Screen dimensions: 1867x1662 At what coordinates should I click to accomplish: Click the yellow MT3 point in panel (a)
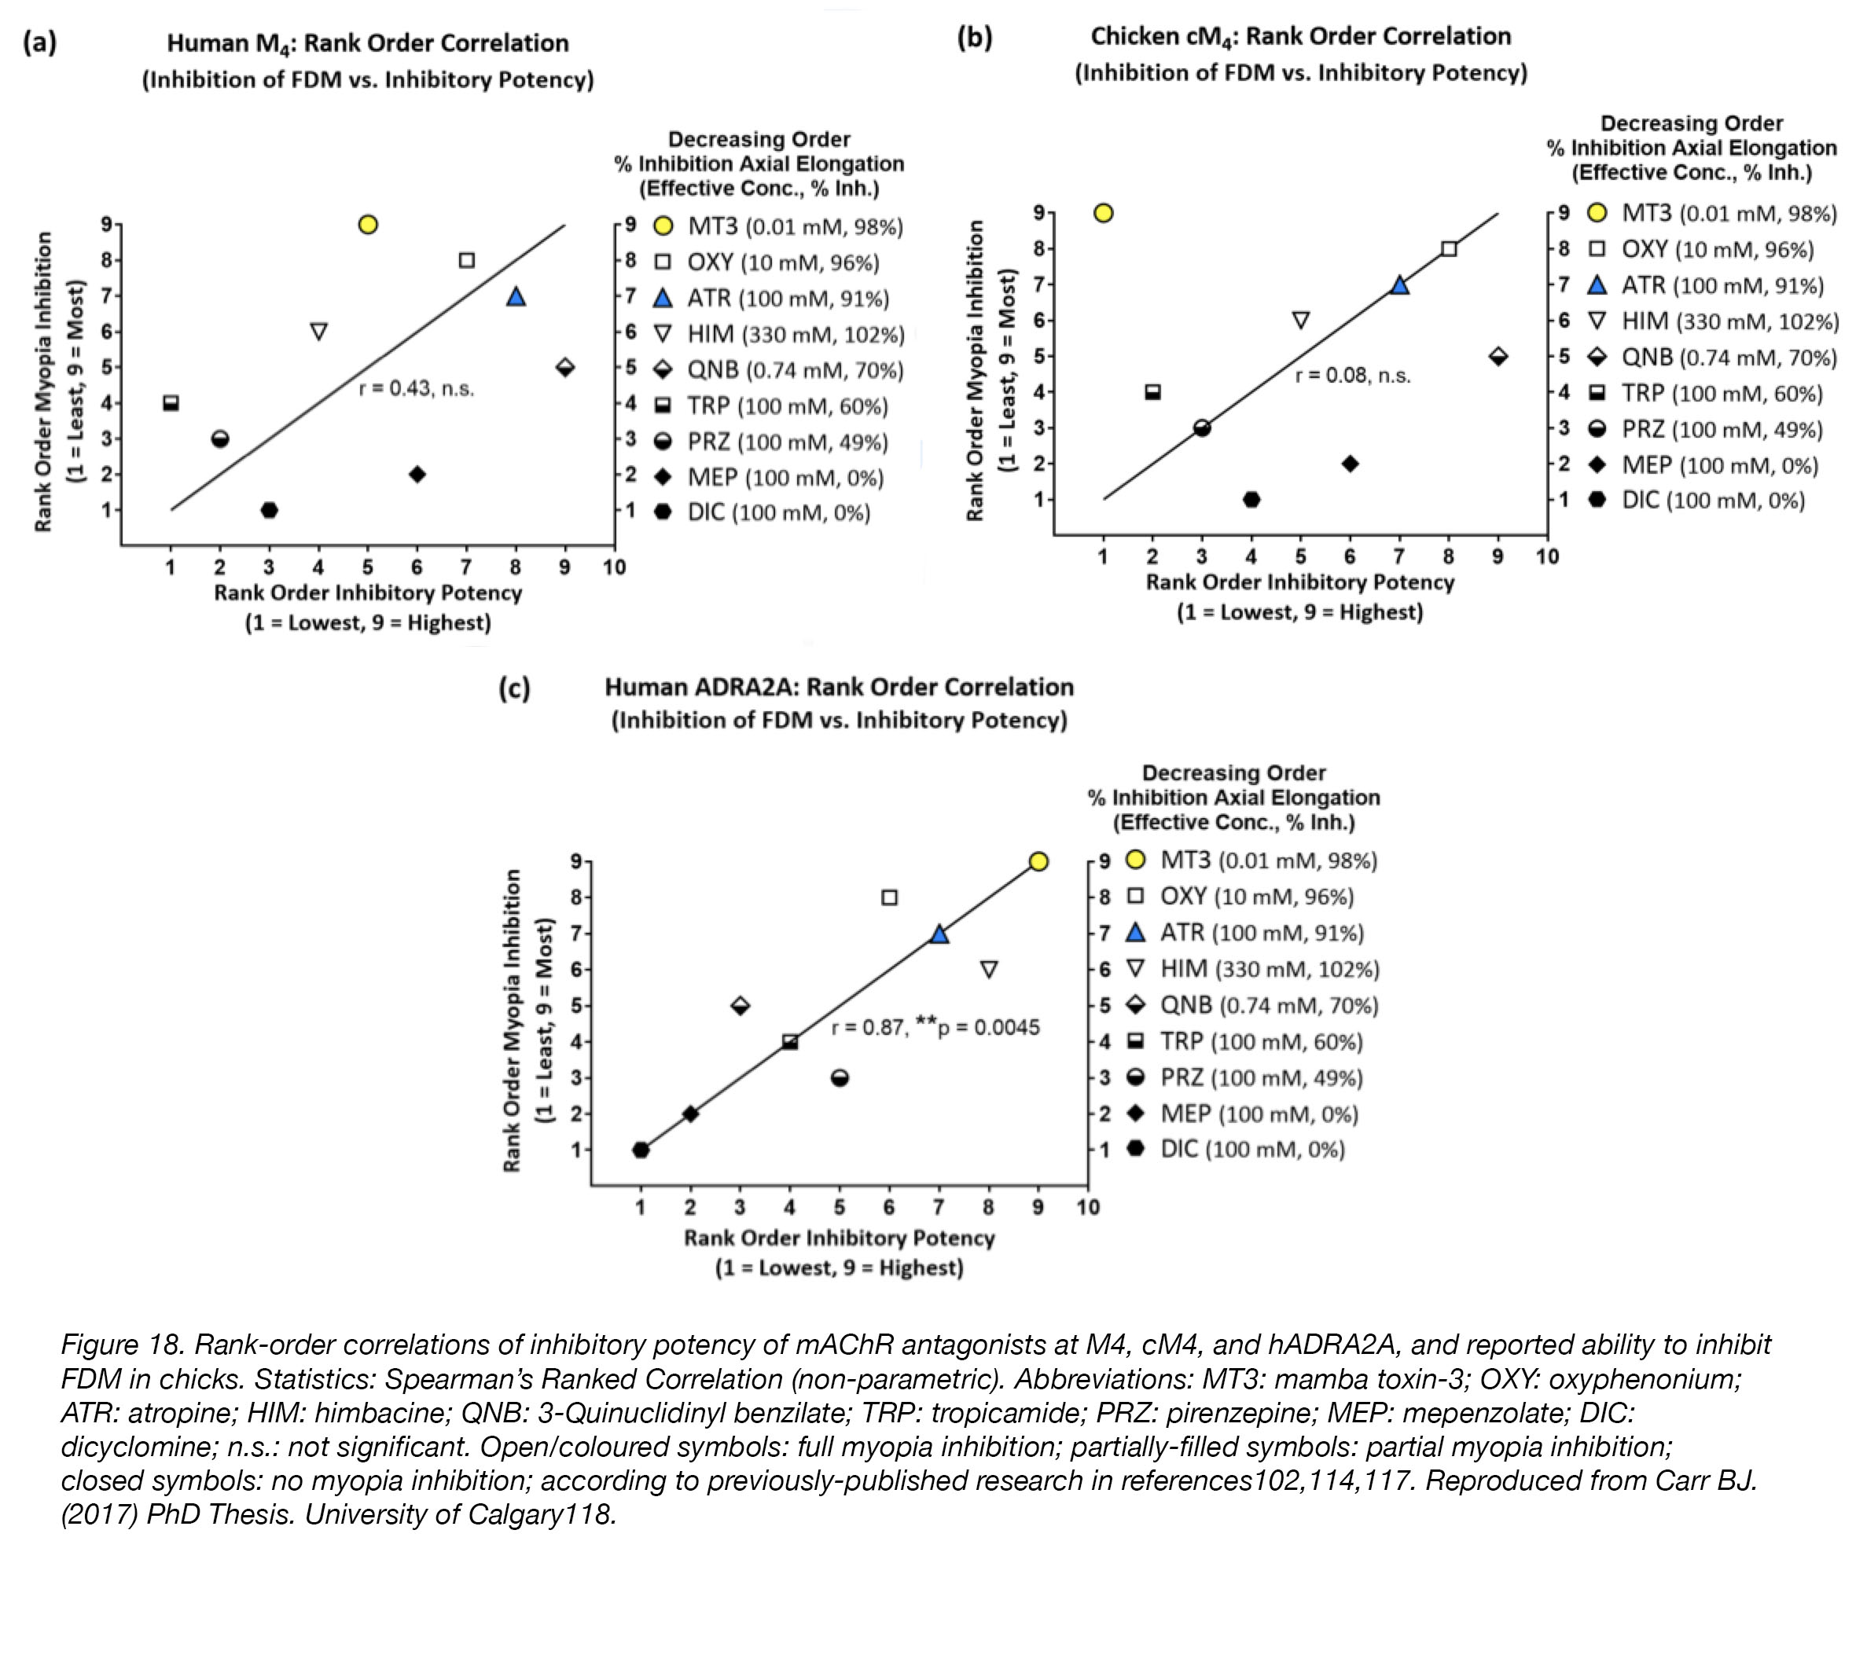tap(368, 225)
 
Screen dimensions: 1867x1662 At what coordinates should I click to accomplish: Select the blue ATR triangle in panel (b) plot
tap(1399, 285)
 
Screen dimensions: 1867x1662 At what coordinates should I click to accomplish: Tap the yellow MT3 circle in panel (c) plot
tap(1038, 861)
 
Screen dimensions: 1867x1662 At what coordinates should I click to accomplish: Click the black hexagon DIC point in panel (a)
tap(269, 509)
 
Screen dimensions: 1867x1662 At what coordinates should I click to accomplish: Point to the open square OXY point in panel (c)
tap(890, 897)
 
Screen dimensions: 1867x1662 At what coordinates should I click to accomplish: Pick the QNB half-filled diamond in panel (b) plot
tap(1498, 356)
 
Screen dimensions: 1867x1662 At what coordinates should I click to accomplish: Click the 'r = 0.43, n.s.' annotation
tap(417, 388)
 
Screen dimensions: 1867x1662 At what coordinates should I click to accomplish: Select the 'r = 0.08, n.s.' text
tap(1353, 376)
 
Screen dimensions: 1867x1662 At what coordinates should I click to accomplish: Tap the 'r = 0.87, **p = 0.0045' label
tap(935, 1027)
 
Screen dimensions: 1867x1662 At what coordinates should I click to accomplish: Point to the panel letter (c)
tap(513, 688)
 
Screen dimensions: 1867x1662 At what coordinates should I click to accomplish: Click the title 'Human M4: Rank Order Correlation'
tap(368, 44)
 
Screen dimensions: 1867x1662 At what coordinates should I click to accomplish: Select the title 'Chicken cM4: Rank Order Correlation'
tap(1301, 36)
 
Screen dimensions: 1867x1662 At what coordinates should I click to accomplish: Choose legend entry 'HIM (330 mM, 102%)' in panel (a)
tap(796, 334)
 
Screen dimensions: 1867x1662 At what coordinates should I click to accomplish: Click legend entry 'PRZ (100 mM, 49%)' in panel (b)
tap(1722, 429)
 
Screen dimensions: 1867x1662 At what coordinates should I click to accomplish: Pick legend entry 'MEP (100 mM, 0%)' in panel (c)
tap(1259, 1114)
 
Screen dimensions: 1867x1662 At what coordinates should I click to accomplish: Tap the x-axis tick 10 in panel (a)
tap(614, 567)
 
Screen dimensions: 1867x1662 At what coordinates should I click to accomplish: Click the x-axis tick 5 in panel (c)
tap(840, 1207)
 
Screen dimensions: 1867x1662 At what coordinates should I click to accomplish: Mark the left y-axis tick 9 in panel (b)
tap(1038, 213)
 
